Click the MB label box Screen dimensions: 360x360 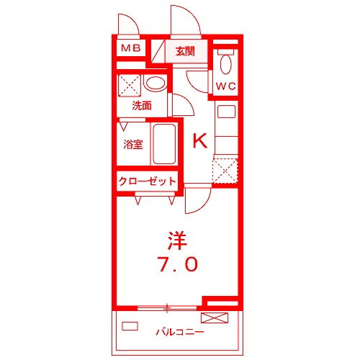[130, 49]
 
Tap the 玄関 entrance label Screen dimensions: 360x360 [184, 50]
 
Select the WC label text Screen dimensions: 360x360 [226, 86]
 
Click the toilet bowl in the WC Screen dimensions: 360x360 [226, 64]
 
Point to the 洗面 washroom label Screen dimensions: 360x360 [141, 105]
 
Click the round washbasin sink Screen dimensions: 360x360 [154, 84]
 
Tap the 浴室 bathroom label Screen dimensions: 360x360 [133, 143]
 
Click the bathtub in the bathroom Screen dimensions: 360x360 [165, 145]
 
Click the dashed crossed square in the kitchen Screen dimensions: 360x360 [225, 171]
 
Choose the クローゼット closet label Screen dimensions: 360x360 [147, 181]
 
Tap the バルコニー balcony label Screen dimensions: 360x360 [179, 333]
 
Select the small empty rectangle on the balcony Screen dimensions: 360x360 [130, 325]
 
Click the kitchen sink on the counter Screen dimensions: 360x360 [226, 112]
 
